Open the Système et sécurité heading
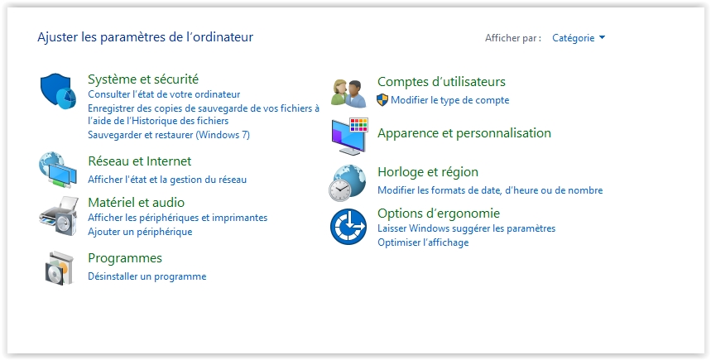coord(143,79)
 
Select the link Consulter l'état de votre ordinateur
coord(164,94)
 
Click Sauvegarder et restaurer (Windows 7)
coord(169,135)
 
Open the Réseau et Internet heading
coord(139,161)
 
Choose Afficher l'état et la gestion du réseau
coord(167,180)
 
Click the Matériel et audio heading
coord(136,202)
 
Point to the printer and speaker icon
coord(59,216)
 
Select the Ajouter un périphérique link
coord(140,232)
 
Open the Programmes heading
coord(125,258)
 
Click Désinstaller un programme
coord(147,276)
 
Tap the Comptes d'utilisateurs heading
coord(441,82)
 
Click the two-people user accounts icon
coord(348,94)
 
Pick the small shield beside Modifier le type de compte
coord(382,100)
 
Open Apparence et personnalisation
coord(464,133)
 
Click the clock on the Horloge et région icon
coord(339,190)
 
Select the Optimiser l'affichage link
coord(423,242)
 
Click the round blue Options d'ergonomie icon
coord(348,226)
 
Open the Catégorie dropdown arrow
coord(602,37)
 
